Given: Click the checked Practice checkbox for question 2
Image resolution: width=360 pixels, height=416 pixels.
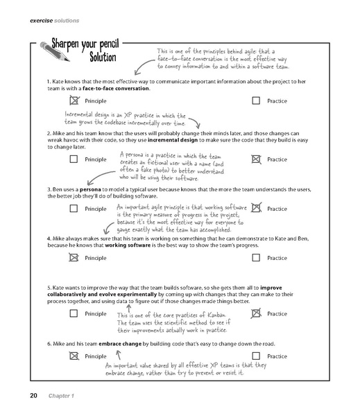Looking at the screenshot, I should click(257, 159).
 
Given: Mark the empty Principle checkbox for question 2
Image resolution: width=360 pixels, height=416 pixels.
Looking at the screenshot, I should click(74, 159).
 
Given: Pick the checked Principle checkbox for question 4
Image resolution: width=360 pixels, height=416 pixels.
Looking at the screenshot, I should click(74, 258).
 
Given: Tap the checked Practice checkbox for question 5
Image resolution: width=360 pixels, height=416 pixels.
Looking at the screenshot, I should click(257, 313).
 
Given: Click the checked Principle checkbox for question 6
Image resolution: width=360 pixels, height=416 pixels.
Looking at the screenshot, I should click(74, 356).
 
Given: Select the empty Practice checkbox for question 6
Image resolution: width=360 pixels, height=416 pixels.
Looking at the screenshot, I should click(257, 356).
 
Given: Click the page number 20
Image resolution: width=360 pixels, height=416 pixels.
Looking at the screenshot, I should click(33, 395).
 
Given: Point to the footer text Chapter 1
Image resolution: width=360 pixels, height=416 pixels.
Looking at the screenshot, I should click(62, 396).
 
